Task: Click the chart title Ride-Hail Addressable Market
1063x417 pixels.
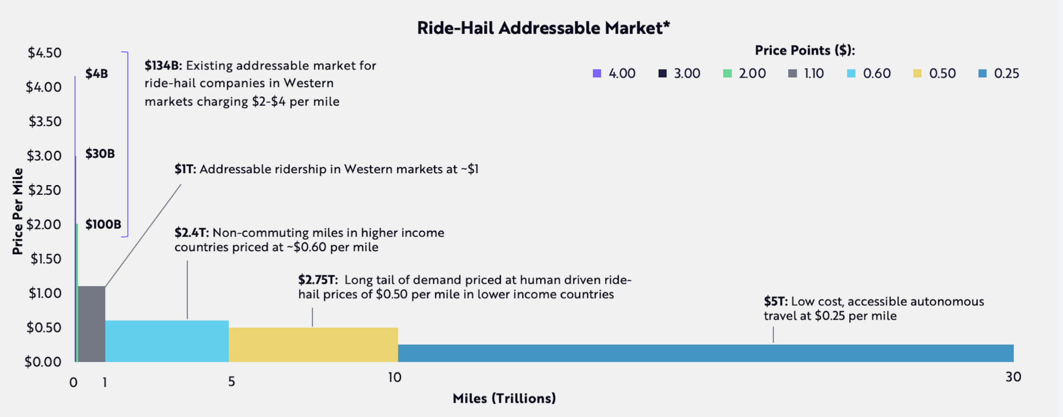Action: [543, 28]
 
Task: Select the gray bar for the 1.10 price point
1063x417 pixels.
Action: [91, 324]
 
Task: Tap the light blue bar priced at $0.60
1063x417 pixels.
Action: [167, 341]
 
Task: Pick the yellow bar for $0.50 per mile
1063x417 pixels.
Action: [313, 345]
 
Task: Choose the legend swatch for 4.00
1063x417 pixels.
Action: [597, 73]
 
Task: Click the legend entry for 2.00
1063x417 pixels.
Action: [744, 73]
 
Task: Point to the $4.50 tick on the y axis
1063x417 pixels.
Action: [45, 53]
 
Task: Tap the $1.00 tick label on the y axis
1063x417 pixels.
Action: [45, 293]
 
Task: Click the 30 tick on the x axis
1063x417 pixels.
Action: [1013, 377]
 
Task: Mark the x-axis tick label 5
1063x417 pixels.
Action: [231, 381]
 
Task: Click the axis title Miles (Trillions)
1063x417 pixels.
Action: [504, 398]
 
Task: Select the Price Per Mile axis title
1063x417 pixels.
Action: [18, 211]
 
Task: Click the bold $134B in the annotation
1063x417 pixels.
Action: [163, 65]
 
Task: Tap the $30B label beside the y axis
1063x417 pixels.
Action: [100, 154]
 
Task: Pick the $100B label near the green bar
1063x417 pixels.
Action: [103, 224]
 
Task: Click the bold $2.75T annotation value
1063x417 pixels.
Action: [317, 280]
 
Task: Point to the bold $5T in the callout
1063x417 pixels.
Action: [775, 301]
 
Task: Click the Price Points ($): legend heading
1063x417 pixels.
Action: [805, 50]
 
